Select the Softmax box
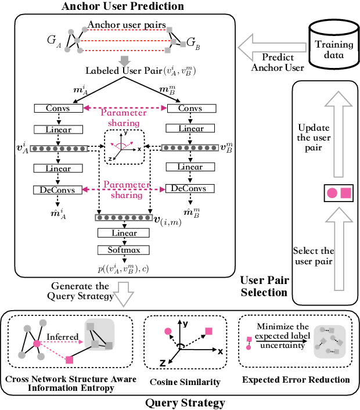(122, 250)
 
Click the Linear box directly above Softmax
(122, 233)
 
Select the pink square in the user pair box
(345, 193)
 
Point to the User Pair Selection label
(265, 286)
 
